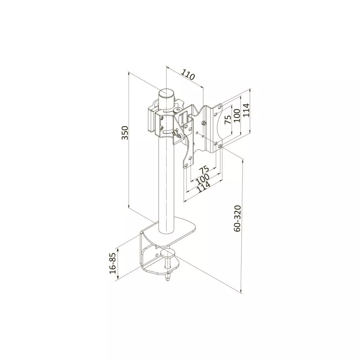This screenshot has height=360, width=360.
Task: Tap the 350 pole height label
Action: click(125, 133)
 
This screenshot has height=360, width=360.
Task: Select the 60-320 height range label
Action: click(237, 219)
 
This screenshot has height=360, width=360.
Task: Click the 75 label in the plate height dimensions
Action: click(228, 120)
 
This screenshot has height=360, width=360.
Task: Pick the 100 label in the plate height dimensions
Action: click(237, 115)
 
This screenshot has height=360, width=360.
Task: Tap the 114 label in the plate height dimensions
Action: click(246, 110)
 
